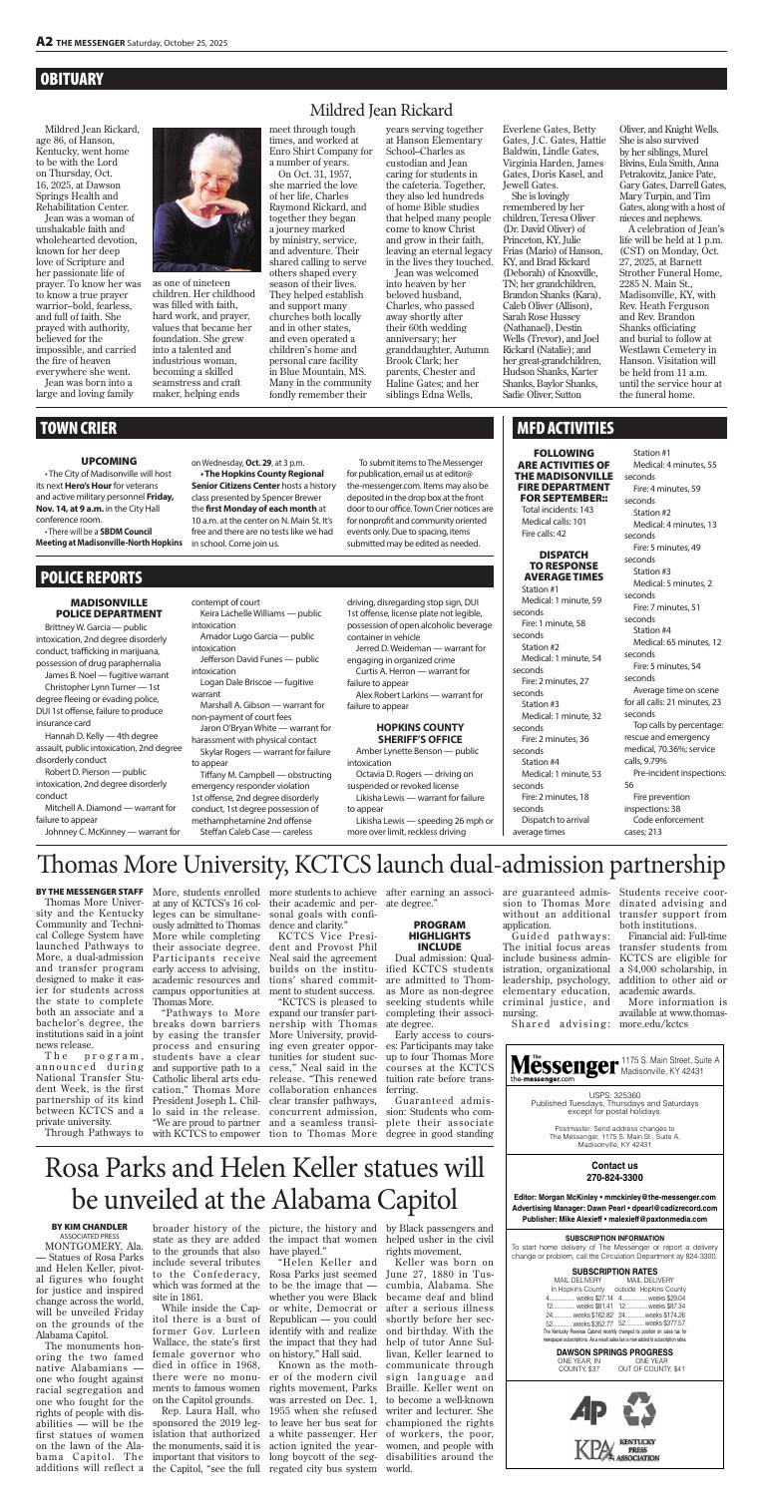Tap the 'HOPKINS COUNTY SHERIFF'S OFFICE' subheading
point(414,785)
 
